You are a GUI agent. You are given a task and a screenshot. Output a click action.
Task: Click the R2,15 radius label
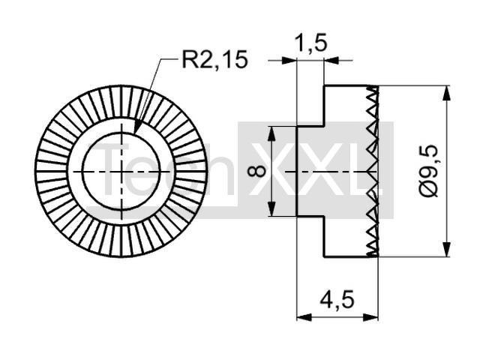pyautogui.click(x=214, y=59)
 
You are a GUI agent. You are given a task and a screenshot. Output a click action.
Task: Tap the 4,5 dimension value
pyautogui.click(x=337, y=299)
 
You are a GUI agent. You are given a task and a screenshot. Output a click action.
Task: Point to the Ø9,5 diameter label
pyautogui.click(x=429, y=171)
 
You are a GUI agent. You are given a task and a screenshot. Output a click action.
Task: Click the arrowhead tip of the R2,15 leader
pyautogui.click(x=135, y=133)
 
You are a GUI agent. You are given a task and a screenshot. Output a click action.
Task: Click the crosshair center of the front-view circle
pyautogui.click(x=121, y=172)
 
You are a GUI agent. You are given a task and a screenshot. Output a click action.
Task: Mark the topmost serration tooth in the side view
pyautogui.click(x=373, y=90)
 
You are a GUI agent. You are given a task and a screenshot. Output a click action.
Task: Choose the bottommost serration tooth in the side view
pyautogui.click(x=373, y=253)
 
